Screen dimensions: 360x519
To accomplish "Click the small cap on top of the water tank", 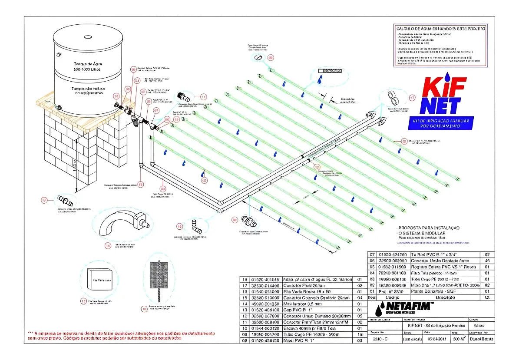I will (x=87, y=37).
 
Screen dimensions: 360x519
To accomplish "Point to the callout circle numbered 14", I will (x=108, y=245).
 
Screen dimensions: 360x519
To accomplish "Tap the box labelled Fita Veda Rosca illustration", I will (x=99, y=280).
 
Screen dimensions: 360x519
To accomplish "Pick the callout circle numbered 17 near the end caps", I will (x=412, y=98).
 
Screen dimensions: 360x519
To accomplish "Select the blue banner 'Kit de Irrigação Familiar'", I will (x=441, y=122).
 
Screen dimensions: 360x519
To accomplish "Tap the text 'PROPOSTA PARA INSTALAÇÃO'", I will (x=428, y=228).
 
